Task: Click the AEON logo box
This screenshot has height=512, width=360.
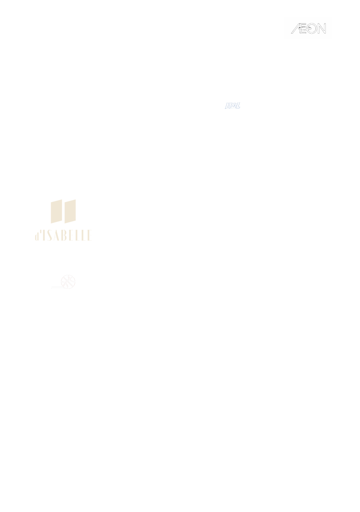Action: [308, 28]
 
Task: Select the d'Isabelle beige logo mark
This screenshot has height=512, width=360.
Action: [63, 211]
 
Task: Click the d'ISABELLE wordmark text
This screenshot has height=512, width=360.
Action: [64, 236]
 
